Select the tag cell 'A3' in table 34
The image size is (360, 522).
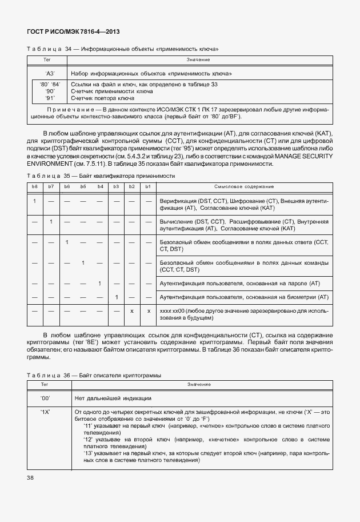50,74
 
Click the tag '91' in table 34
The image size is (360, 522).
50,98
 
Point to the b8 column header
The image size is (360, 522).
34,187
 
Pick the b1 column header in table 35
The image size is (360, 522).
148,187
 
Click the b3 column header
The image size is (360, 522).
116,187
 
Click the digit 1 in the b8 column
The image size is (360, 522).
35,201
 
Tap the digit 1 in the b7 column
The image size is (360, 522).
51,221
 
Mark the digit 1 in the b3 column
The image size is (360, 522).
116,297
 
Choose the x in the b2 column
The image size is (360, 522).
132,310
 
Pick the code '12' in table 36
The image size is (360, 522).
89,439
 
